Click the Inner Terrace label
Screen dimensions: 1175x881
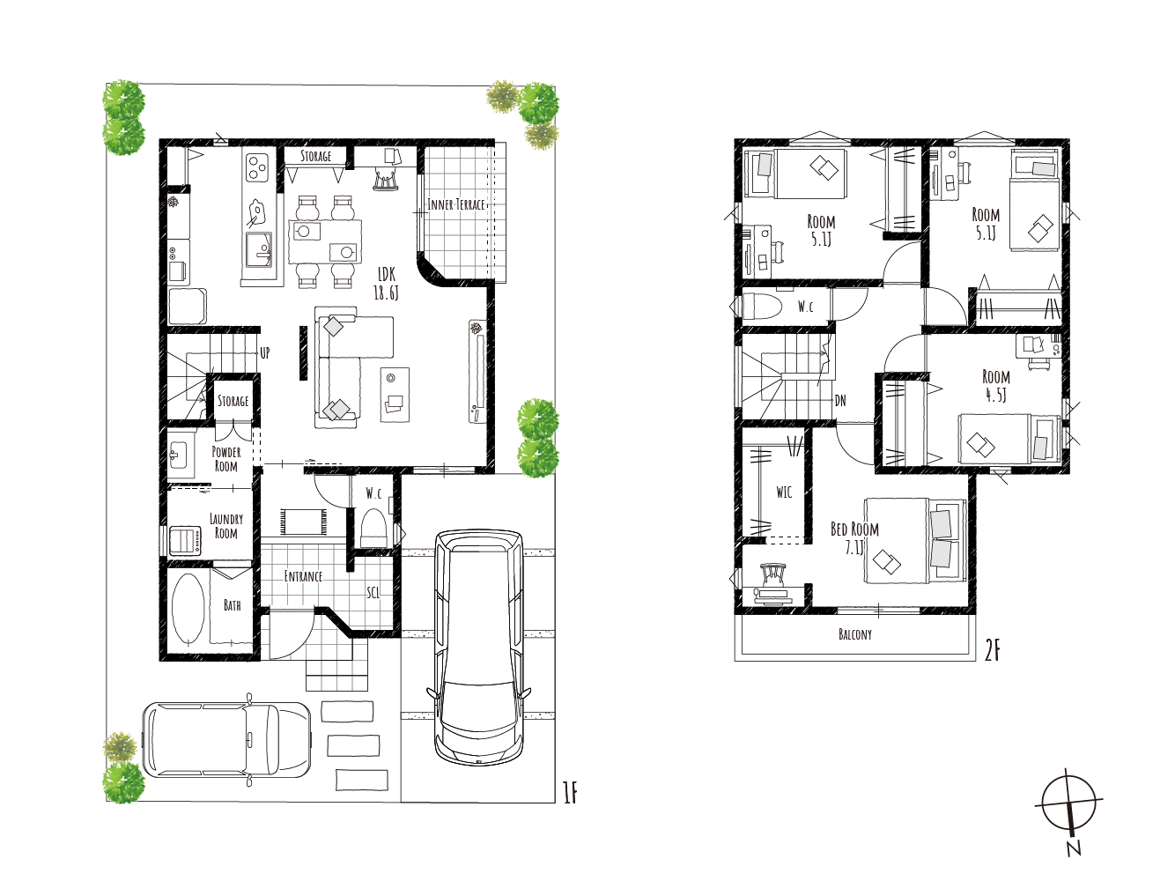(456, 204)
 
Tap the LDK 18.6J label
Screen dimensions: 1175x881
(386, 284)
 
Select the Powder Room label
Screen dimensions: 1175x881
(225, 459)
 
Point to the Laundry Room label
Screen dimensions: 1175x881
(225, 526)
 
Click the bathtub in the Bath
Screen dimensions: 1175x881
(188, 609)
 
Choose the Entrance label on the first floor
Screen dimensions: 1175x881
(303, 576)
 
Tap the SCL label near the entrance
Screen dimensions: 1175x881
(373, 593)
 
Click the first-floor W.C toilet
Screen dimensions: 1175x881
(373, 528)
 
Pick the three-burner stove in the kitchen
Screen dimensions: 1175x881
(257, 167)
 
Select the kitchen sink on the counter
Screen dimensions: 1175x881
(259, 250)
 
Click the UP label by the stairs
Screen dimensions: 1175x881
(265, 352)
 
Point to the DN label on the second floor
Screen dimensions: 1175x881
(840, 400)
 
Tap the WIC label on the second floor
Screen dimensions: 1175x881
(784, 492)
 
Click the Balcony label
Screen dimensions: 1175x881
(855, 635)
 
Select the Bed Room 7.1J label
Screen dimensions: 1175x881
(854, 538)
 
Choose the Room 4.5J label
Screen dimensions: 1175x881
(995, 386)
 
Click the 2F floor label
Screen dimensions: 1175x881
(992, 651)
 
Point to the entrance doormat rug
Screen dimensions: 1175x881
(304, 522)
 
